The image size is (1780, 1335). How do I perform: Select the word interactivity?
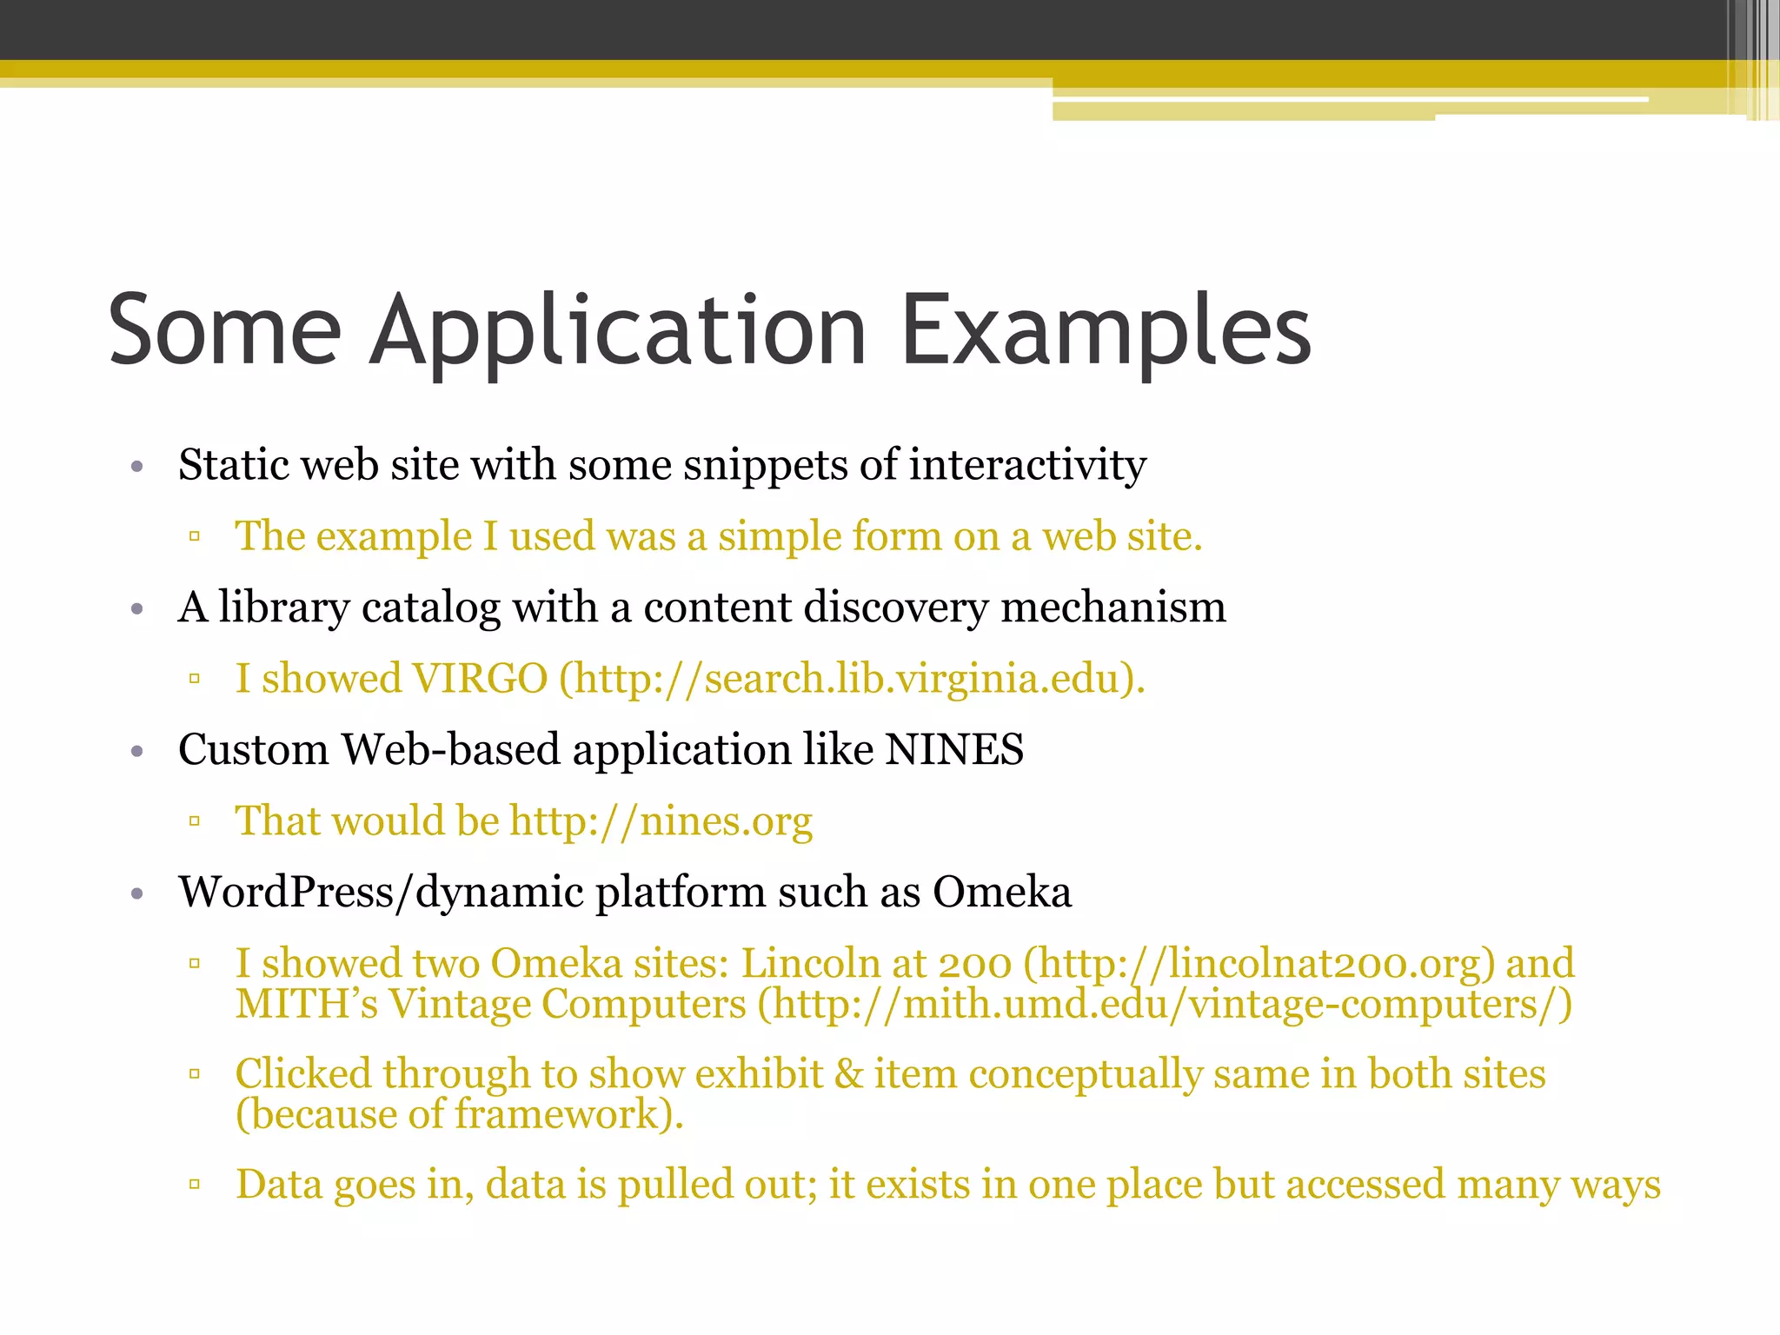[x=1027, y=464]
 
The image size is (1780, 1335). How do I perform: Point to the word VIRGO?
[x=479, y=679]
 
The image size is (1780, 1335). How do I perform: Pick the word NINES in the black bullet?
[x=954, y=749]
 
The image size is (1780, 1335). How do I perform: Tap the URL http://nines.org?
[x=661, y=821]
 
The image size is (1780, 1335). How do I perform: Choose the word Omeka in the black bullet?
[x=1002, y=892]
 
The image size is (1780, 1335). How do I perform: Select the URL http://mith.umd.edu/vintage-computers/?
[x=1164, y=1005]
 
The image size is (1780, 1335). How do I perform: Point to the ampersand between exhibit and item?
[x=848, y=1074]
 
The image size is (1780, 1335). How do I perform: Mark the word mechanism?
[x=1113, y=607]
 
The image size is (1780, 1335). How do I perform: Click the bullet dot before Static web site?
[x=136, y=467]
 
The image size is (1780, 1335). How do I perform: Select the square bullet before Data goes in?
[x=195, y=1185]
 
